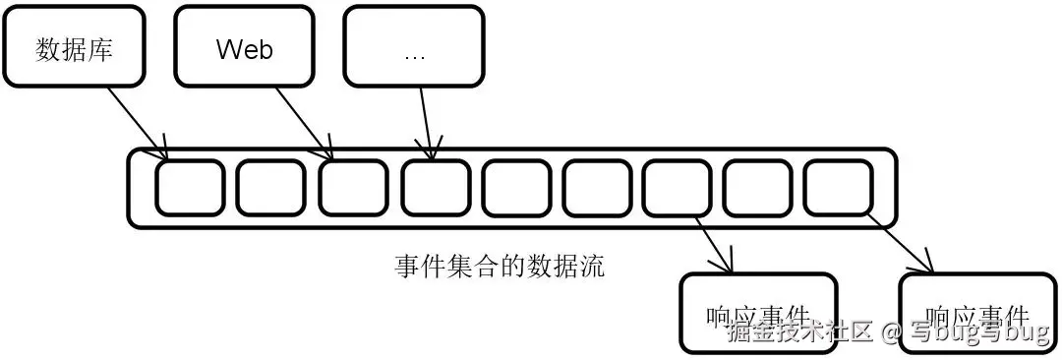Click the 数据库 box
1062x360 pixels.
75,46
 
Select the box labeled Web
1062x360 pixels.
244,46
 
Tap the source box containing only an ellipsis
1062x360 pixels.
414,46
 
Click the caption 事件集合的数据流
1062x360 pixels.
500,266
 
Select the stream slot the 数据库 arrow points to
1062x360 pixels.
190,187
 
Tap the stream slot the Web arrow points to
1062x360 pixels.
352,187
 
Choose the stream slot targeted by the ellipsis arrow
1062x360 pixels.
434,187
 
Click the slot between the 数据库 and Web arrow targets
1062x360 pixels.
270,187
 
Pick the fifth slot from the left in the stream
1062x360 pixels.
515,187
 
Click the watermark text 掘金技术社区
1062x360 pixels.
799,331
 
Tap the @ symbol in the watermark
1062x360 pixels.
891,332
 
